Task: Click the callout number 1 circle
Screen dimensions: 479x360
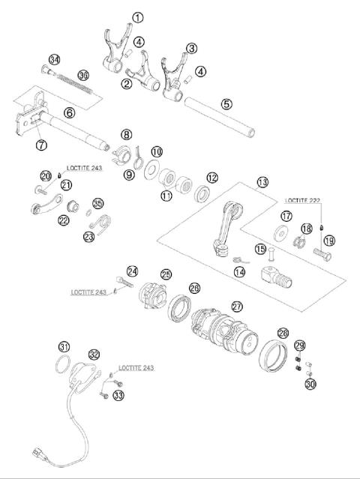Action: pyautogui.click(x=137, y=16)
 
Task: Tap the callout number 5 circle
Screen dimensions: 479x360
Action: pyautogui.click(x=226, y=105)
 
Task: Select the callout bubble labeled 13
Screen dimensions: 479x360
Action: pyautogui.click(x=261, y=182)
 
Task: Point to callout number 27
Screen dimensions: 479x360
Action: pyautogui.click(x=237, y=306)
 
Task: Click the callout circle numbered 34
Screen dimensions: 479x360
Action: pyautogui.click(x=54, y=60)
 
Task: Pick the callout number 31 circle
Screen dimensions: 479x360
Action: pyautogui.click(x=64, y=346)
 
